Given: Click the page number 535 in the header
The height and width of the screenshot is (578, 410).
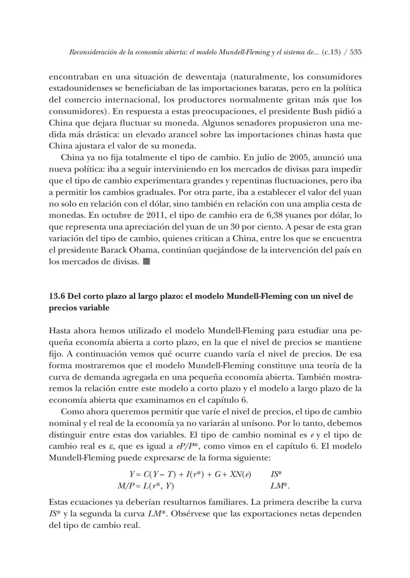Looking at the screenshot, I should pos(355,52).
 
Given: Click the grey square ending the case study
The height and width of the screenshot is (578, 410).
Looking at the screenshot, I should pos(147,261).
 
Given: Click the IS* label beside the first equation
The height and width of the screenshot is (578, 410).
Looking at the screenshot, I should pos(276,474).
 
